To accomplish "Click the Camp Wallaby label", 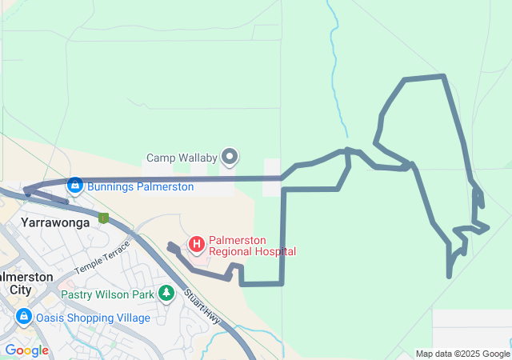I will coord(182,158).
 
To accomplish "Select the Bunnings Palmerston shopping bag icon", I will coord(75,186).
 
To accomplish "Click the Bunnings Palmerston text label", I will coord(141,186).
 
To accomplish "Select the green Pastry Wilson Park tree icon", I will coord(166,294).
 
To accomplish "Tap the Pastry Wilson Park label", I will coord(108,294).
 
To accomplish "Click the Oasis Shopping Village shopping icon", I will coord(24,317).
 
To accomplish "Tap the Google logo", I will coord(26,350).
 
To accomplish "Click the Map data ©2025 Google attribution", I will coord(462,354).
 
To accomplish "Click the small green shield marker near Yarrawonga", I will coord(103,217).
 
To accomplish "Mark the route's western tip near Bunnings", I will coord(26,190).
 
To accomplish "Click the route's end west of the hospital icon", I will coord(170,246).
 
